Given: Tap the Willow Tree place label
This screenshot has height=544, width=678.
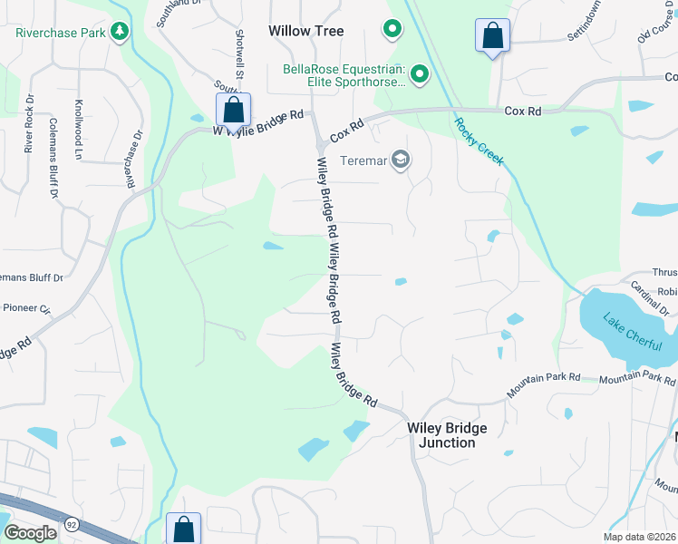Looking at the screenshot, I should [306, 31].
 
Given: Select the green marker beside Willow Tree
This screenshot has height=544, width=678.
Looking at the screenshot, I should [392, 30].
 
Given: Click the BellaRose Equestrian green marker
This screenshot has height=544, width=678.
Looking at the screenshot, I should [419, 73].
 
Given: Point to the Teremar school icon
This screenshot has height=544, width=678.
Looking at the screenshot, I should [401, 161].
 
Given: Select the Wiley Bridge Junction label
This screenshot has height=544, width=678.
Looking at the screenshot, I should [447, 435].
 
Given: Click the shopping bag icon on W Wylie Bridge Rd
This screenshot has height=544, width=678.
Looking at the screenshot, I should [233, 110].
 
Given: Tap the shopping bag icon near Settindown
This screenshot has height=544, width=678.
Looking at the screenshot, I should [492, 36].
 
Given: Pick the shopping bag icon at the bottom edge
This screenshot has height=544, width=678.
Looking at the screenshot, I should [183, 529].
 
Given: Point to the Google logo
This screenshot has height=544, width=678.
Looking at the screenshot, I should [29, 533].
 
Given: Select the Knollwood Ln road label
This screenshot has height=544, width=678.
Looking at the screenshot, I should [79, 131].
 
